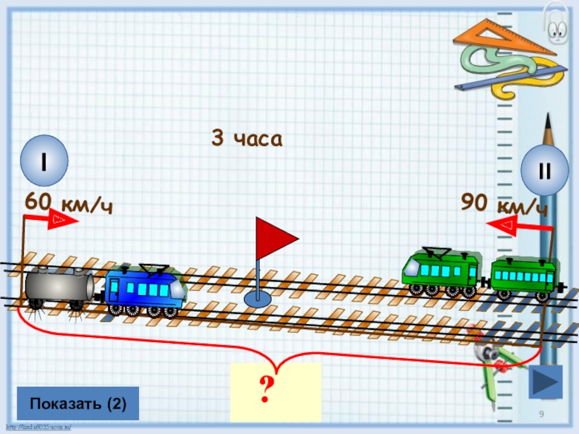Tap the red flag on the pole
click(x=275, y=238)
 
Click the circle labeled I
click(x=44, y=161)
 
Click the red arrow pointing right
click(x=62, y=220)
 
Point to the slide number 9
click(x=541, y=412)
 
